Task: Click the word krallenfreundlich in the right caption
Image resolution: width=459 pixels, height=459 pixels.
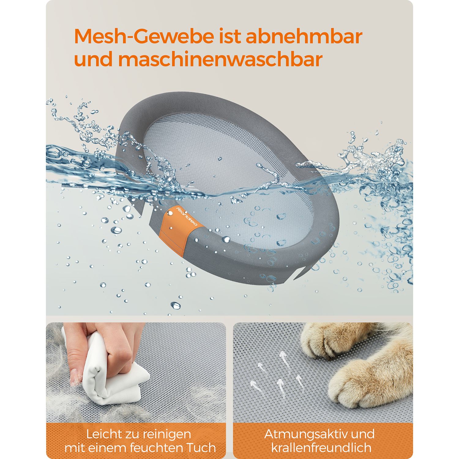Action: tap(321, 448)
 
